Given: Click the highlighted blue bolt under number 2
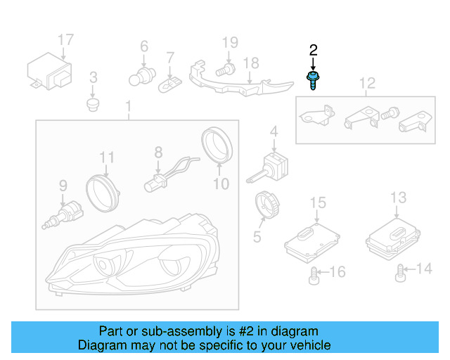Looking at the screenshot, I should point(311,79).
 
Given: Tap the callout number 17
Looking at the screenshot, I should point(65,39).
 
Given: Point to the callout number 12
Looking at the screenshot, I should point(368,85).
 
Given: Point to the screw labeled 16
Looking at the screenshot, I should point(314,275).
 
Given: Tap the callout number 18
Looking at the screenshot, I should point(251,63).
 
